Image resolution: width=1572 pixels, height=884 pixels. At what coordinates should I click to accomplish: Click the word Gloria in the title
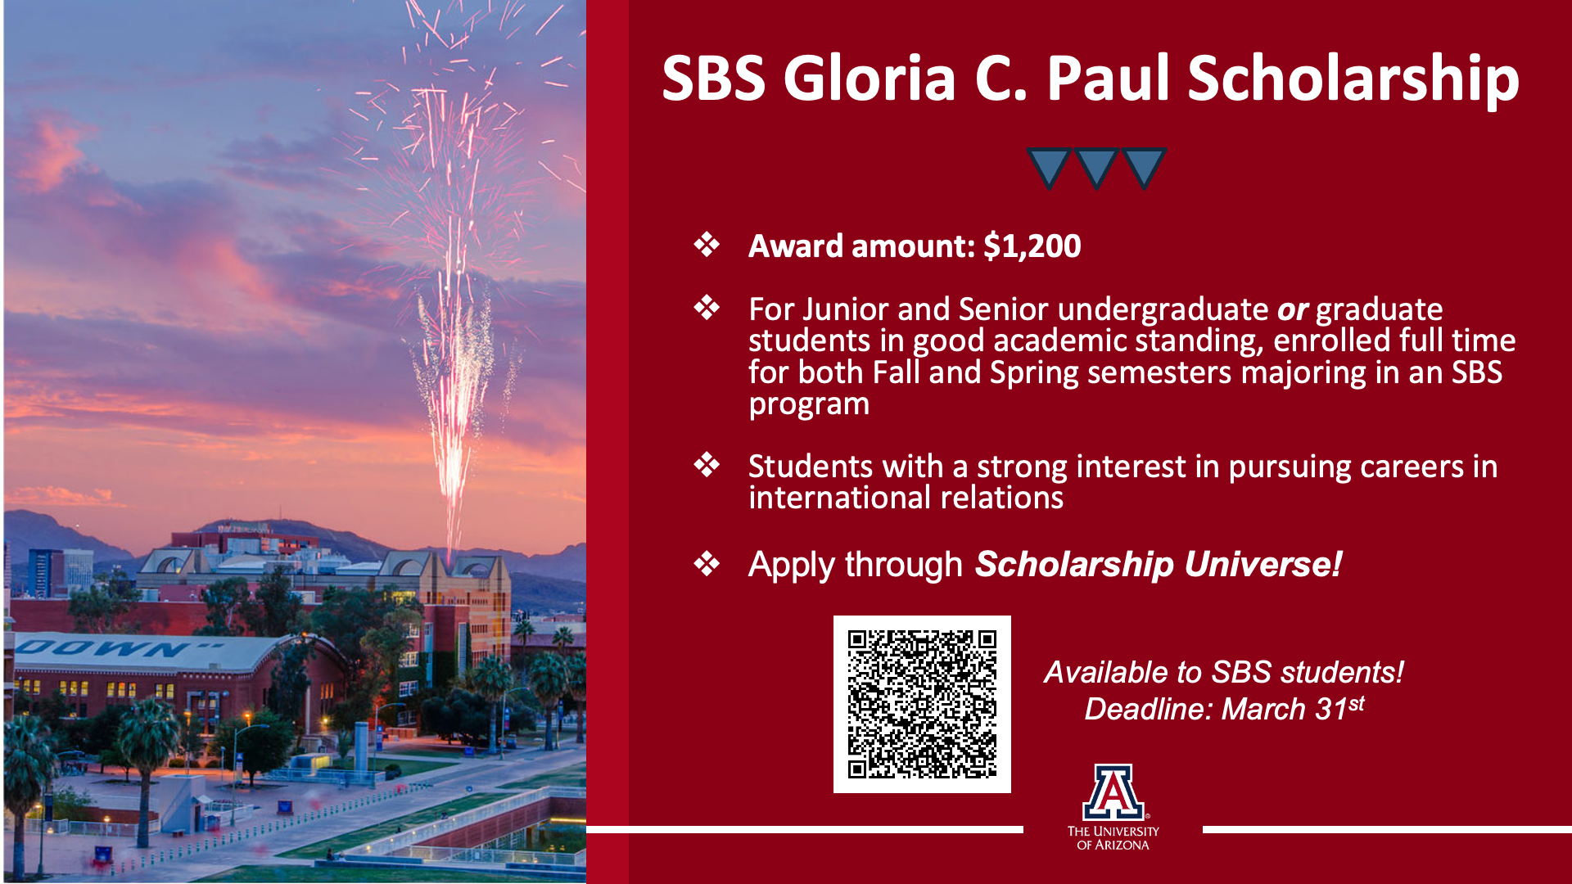click(870, 78)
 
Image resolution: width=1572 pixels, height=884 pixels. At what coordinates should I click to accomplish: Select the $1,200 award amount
click(1032, 246)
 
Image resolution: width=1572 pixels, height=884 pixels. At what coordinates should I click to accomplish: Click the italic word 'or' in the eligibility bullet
click(1293, 311)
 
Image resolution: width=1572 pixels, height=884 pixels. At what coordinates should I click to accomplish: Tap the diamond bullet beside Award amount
click(707, 245)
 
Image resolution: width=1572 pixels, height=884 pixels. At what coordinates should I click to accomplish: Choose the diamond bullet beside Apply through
click(707, 563)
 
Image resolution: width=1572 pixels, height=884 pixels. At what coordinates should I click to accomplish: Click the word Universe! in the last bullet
click(1263, 564)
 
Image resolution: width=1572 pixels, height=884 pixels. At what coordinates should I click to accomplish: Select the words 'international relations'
click(906, 498)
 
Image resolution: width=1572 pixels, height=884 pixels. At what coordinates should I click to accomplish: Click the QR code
click(922, 704)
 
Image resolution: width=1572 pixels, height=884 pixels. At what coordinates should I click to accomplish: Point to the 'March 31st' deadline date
click(1293, 708)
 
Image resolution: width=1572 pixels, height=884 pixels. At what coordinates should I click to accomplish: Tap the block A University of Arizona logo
click(1113, 792)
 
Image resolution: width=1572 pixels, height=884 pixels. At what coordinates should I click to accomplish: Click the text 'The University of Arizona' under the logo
click(1113, 837)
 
